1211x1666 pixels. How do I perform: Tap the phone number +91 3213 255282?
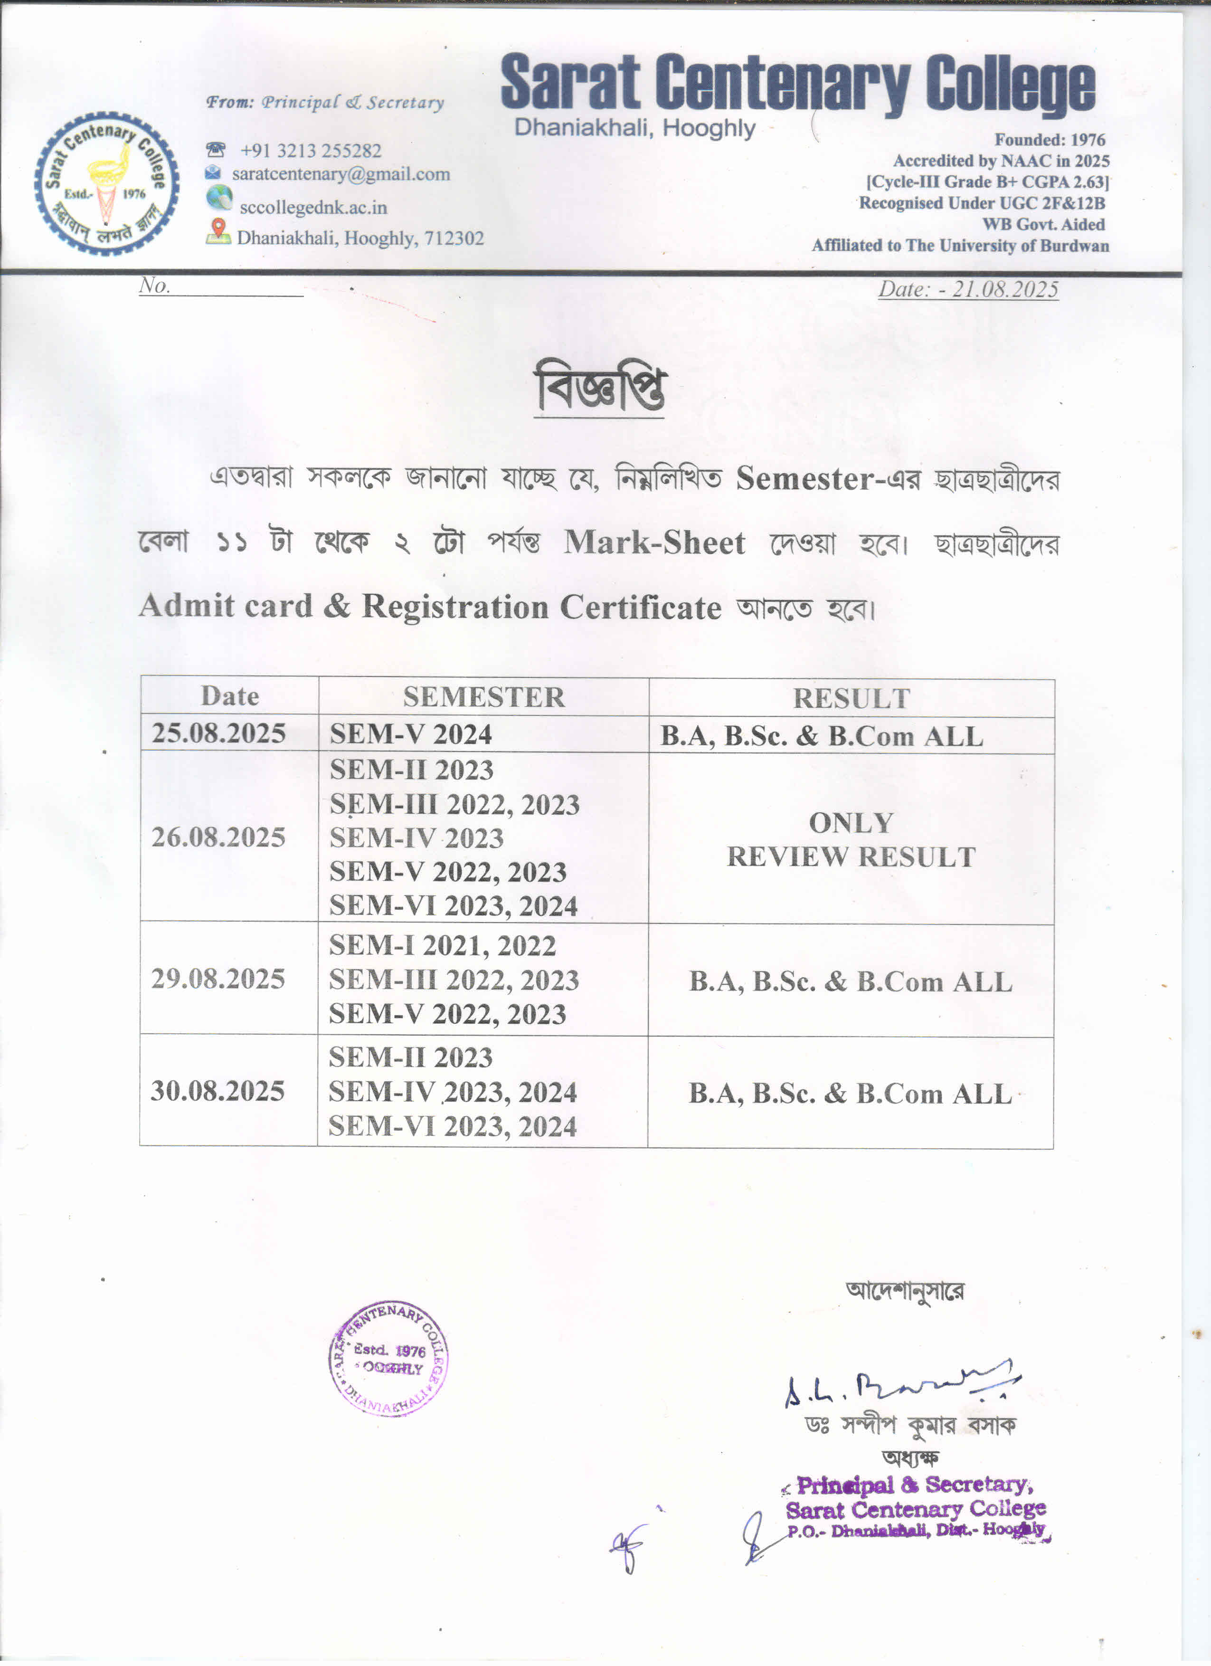pyautogui.click(x=311, y=151)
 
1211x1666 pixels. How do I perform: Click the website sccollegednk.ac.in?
pyautogui.click(x=313, y=207)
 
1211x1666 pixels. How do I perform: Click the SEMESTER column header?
pyautogui.click(x=484, y=696)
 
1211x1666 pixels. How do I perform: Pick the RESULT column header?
pyautogui.click(x=851, y=698)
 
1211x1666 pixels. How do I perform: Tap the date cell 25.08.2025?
pyautogui.click(x=219, y=733)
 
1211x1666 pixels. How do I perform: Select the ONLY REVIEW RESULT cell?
pyautogui.click(x=851, y=839)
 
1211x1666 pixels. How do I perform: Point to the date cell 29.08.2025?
pyautogui.click(x=218, y=979)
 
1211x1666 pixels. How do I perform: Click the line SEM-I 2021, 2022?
pyautogui.click(x=442, y=945)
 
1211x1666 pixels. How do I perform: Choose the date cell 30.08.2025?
pyautogui.click(x=218, y=1091)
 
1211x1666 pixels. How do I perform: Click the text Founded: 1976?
pyautogui.click(x=1050, y=140)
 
